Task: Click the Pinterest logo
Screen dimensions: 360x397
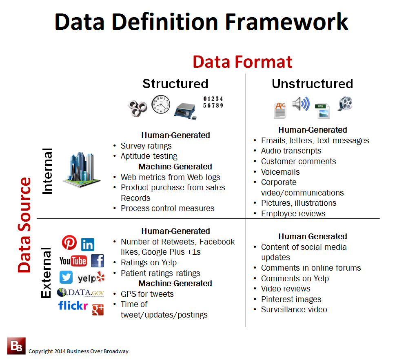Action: tap(69, 243)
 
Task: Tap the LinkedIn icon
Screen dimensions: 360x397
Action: tap(88, 244)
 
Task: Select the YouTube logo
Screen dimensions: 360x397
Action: tap(73, 261)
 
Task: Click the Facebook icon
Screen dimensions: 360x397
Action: tap(98, 261)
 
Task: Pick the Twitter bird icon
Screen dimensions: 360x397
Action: tap(66, 278)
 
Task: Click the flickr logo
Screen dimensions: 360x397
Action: tap(73, 305)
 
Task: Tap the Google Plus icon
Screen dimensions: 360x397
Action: tap(98, 309)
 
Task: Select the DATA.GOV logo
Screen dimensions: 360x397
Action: tap(81, 292)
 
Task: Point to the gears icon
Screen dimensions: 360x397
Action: tap(138, 107)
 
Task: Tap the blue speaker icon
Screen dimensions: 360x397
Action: tap(301, 104)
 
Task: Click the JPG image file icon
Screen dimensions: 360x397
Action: tap(322, 111)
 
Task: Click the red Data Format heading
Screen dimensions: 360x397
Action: tap(242, 62)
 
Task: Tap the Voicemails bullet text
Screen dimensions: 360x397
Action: tap(280, 172)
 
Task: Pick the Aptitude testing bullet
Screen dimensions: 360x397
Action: tap(149, 156)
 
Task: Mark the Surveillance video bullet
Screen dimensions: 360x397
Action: tap(294, 309)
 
